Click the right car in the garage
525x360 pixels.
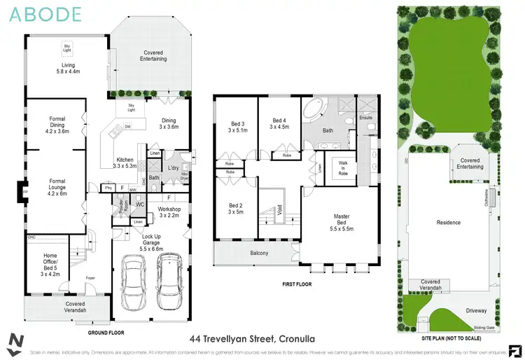(170, 279)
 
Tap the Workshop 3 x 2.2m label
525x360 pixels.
(169, 212)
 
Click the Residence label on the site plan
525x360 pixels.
(449, 223)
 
